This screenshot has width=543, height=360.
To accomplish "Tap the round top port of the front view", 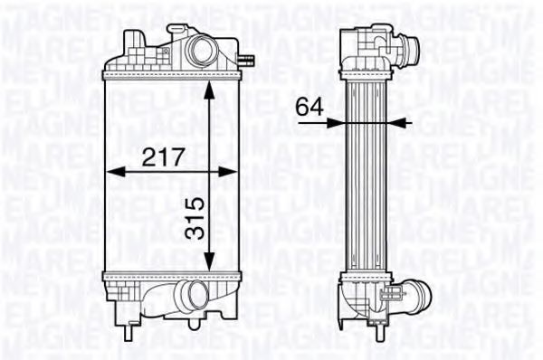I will tap(200, 49).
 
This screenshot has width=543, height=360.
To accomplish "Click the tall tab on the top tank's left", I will tap(134, 43).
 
